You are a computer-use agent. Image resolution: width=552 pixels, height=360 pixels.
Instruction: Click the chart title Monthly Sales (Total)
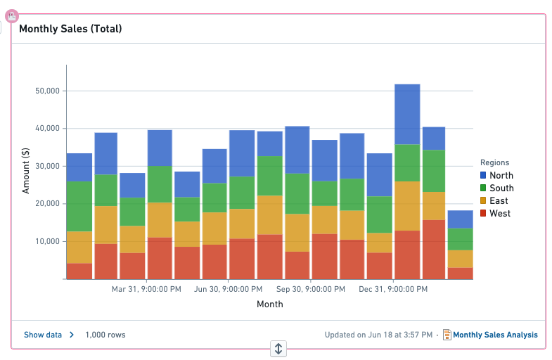tap(70, 29)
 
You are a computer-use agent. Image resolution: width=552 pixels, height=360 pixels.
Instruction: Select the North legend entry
tap(496, 175)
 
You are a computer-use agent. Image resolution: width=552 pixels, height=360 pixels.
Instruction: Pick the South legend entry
tap(497, 188)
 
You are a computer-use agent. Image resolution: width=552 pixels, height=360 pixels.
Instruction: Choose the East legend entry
tap(494, 200)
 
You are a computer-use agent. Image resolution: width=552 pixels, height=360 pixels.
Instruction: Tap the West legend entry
tap(495, 213)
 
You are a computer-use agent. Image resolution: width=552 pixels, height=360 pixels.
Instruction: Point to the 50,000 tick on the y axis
tap(48, 91)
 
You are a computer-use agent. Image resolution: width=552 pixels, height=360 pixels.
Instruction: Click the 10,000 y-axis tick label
tap(48, 241)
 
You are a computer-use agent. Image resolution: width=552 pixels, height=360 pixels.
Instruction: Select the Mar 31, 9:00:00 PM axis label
tap(146, 289)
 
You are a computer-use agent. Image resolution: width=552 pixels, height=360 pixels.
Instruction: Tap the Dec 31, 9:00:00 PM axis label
tap(393, 289)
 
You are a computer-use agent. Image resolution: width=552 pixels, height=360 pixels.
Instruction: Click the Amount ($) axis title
tap(26, 171)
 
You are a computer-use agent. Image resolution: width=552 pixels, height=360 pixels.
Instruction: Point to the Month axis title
tap(270, 304)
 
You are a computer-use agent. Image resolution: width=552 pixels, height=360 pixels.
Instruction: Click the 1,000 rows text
tap(105, 335)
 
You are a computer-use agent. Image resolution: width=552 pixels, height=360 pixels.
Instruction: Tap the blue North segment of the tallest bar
tap(407, 115)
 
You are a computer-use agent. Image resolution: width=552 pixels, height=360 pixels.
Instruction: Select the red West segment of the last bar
tap(460, 274)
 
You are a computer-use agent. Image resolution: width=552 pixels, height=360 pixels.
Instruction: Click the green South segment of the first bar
tap(79, 207)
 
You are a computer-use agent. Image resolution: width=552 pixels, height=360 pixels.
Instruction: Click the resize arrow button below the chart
tap(278, 349)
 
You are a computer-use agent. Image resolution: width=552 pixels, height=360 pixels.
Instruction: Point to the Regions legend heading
tap(494, 162)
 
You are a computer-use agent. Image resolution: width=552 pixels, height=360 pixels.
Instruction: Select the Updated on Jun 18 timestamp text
tap(378, 335)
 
